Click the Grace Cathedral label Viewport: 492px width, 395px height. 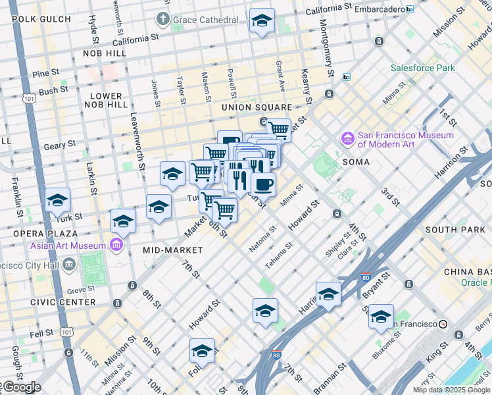(205, 20)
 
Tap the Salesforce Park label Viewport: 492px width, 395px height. (422, 68)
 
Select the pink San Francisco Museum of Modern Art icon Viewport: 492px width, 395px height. (347, 140)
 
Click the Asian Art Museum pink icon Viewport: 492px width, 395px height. (116, 246)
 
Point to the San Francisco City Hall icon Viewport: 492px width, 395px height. (70, 265)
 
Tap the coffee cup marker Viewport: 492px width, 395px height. (263, 185)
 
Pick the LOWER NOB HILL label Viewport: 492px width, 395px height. (109, 100)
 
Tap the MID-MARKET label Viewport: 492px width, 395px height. (166, 250)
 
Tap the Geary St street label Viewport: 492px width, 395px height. (61, 145)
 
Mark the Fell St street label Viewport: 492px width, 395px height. (41, 334)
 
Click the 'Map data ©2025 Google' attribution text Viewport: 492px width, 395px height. (451, 390)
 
